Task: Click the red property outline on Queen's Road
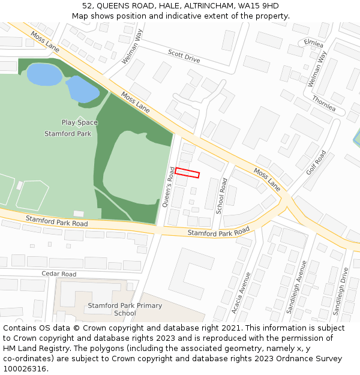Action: [187, 173]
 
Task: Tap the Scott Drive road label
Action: [184, 56]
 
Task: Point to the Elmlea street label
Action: [313, 43]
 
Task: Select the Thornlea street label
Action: [324, 104]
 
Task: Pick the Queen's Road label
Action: [169, 187]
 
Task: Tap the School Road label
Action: [221, 196]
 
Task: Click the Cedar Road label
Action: [59, 274]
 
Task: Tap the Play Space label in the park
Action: [79, 122]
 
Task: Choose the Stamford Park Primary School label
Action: [125, 310]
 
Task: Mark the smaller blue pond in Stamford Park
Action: [83, 89]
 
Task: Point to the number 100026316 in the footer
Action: [24, 368]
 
